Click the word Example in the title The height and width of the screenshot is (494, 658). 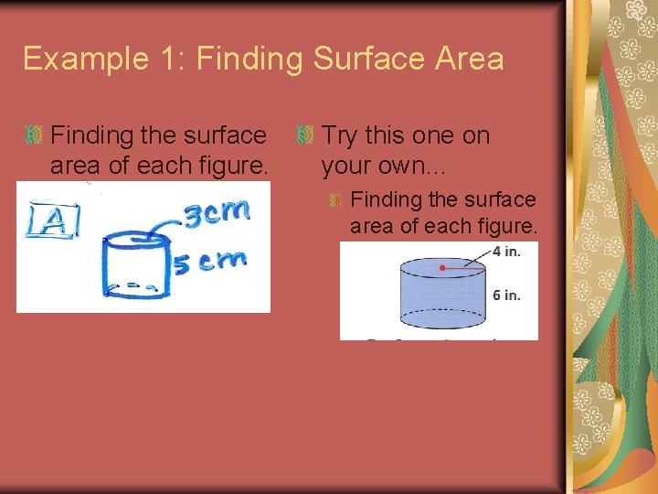coord(77,59)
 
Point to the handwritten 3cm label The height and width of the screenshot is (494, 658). coord(218,215)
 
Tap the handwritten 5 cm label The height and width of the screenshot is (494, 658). coord(210,262)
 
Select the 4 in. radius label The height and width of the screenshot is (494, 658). coord(505,252)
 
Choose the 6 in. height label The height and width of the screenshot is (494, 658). coord(505,295)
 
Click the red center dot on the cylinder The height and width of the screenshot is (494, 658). coord(442,268)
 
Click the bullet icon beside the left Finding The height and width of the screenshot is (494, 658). coord(34,136)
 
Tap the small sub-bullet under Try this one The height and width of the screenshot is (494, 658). coord(335,199)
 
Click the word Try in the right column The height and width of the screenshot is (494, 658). coord(339,135)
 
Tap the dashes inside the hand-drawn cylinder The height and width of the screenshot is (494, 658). coord(141,285)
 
